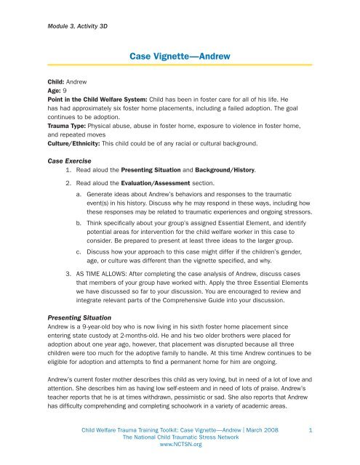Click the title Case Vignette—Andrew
[x=180, y=55]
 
